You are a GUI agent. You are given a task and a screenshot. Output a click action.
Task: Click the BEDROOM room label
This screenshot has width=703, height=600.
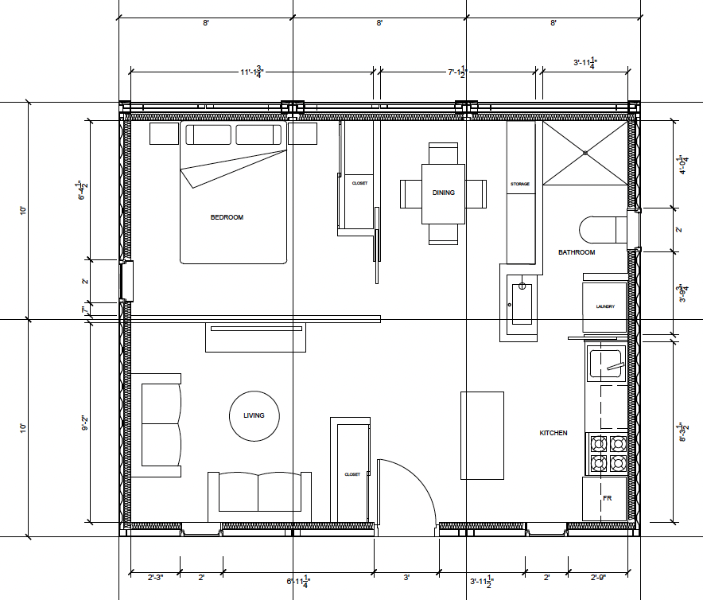(x=227, y=217)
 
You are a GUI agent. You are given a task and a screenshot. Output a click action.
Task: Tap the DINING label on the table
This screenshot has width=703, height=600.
(x=443, y=193)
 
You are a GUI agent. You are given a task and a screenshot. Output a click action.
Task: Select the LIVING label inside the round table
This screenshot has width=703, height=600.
(x=254, y=415)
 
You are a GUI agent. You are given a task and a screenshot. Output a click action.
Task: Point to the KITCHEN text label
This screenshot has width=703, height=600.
(x=553, y=433)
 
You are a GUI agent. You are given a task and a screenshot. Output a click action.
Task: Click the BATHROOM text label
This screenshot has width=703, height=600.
(x=576, y=252)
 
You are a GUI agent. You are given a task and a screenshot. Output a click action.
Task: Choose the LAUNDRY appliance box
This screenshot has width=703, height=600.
(x=605, y=306)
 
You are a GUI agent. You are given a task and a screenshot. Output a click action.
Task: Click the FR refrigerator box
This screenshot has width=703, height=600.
(x=607, y=498)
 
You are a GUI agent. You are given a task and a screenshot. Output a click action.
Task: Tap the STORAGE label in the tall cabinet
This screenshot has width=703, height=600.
(x=519, y=184)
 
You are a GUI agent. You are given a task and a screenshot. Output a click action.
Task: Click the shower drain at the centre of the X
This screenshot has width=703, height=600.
(x=585, y=152)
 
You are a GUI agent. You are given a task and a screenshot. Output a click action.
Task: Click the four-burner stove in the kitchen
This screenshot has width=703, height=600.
(x=607, y=453)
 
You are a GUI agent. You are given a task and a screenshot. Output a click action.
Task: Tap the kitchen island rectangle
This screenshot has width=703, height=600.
(x=482, y=435)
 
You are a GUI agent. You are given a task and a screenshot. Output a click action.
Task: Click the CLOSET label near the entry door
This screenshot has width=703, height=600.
(x=351, y=474)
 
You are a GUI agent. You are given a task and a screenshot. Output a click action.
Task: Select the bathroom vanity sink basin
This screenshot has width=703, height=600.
(x=522, y=303)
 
